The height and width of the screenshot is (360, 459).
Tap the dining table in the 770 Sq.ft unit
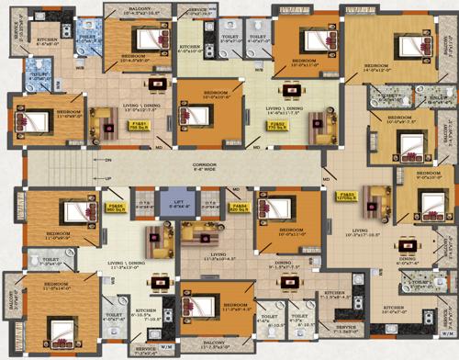click(298, 89)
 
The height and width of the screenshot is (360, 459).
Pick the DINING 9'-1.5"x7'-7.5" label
click(283, 268)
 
